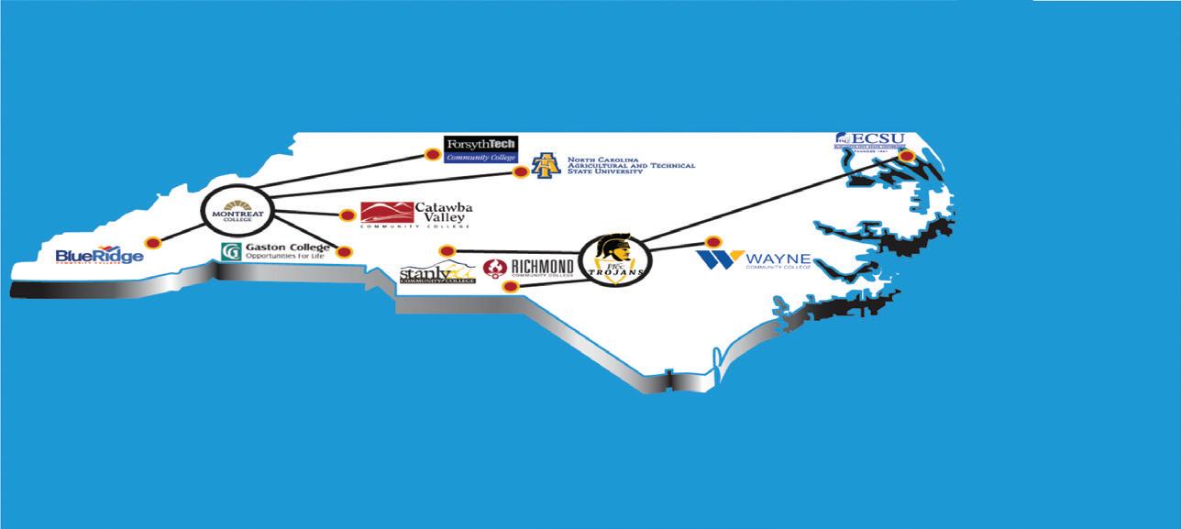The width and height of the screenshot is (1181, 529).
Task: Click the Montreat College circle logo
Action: click(237, 210)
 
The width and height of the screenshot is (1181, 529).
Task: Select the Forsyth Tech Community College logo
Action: click(480, 149)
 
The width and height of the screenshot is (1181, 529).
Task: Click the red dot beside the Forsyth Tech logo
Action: click(434, 153)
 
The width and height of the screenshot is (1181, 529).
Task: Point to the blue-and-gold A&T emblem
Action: click(546, 165)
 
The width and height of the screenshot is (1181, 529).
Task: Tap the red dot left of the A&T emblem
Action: click(520, 171)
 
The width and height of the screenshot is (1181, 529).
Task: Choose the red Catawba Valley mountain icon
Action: click(386, 213)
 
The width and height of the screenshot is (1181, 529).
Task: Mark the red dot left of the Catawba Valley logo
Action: click(348, 215)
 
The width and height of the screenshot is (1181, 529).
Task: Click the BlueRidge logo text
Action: click(99, 256)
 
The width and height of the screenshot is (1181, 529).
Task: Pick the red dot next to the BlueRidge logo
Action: click(153, 242)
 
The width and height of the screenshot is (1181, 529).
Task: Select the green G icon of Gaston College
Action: click(231, 250)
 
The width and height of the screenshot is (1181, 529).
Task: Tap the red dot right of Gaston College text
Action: click(344, 251)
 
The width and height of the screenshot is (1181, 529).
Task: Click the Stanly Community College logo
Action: click(437, 273)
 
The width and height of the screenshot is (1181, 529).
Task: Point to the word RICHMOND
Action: click(542, 265)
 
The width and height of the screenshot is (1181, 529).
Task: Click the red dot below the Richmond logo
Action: click(512, 286)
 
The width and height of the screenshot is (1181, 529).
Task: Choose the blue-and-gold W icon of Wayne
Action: click(720, 259)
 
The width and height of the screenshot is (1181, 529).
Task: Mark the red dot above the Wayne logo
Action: click(712, 242)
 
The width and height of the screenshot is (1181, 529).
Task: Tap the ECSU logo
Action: click(869, 140)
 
